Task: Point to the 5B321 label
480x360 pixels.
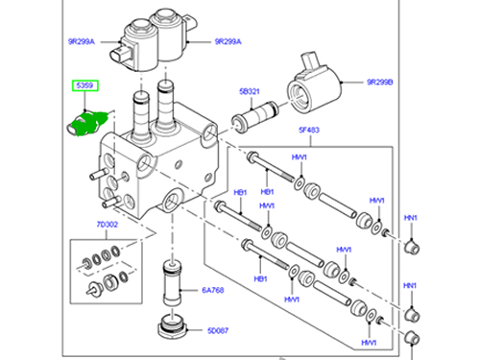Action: pyautogui.click(x=251, y=93)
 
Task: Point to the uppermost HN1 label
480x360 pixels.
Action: pyautogui.click(x=410, y=218)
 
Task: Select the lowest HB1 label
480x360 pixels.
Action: pyautogui.click(x=259, y=279)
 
